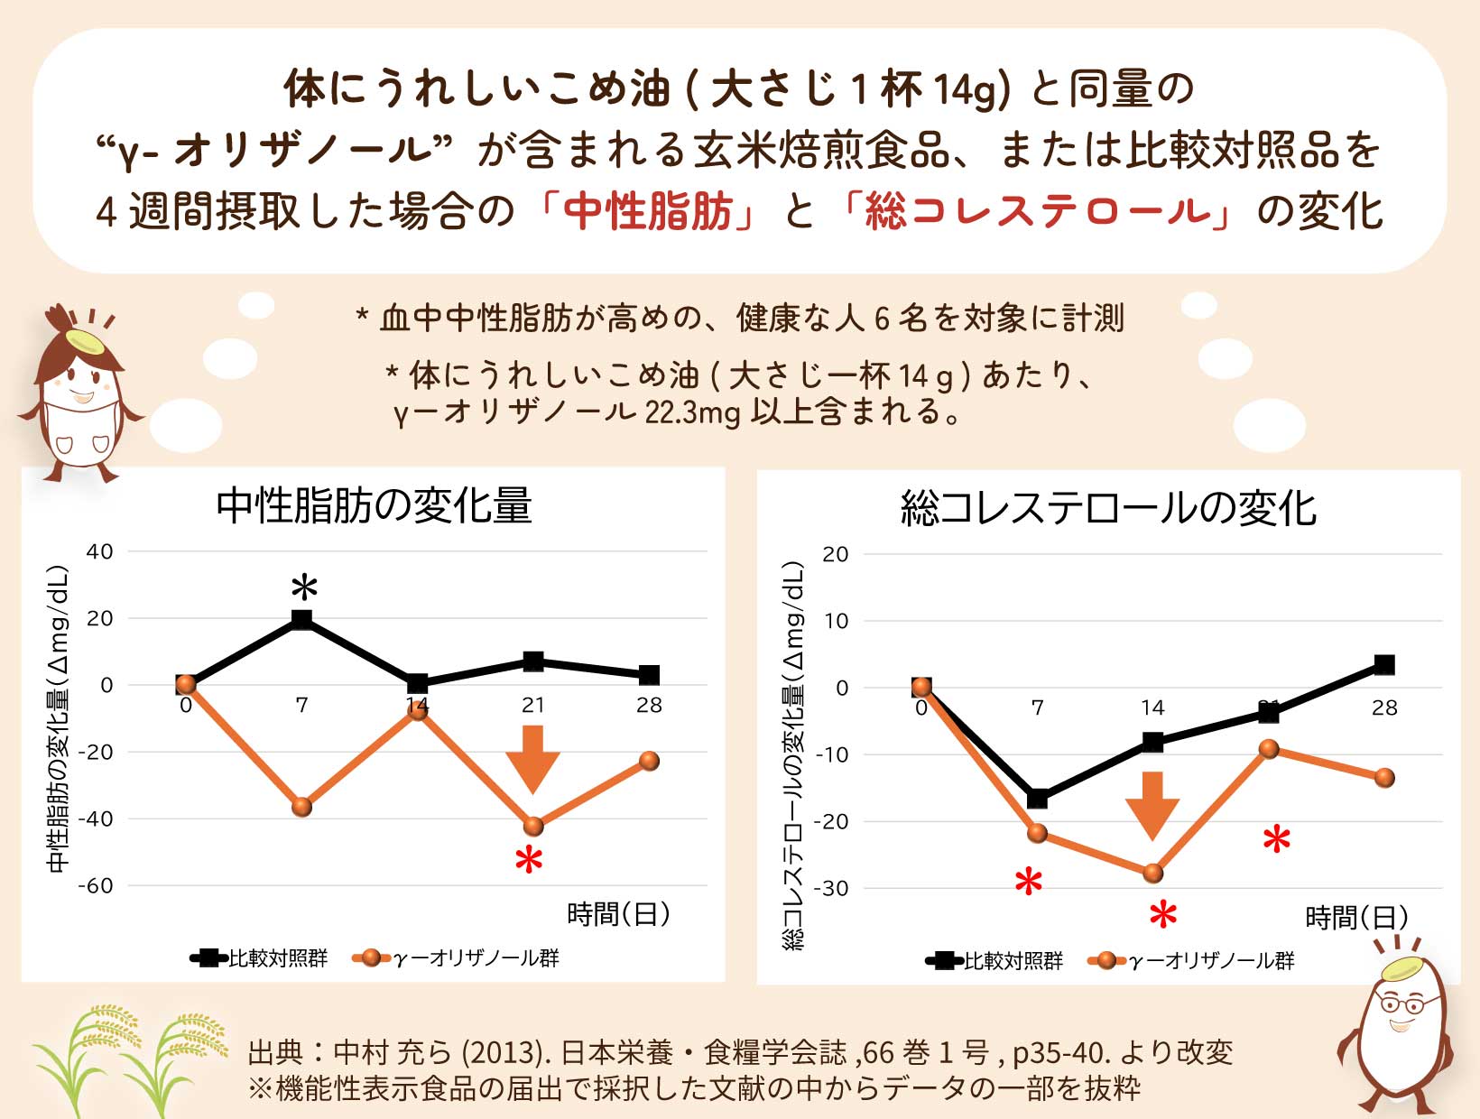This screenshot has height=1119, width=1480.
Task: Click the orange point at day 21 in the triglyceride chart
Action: point(533,826)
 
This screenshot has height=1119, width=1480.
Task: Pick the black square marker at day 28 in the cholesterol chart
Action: point(1383,665)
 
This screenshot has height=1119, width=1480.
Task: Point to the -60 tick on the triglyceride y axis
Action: point(96,886)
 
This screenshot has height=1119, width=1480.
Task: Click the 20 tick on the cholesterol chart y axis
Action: point(836,554)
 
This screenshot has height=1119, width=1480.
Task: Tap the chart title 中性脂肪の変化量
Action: point(374,506)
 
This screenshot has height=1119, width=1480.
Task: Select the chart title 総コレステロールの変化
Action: point(1108,508)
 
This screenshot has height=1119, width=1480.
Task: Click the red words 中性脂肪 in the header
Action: point(647,212)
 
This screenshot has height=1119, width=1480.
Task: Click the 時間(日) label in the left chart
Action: point(619,914)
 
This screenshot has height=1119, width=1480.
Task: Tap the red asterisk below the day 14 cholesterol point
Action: point(1163,914)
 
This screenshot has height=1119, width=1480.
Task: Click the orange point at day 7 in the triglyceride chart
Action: point(302,807)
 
